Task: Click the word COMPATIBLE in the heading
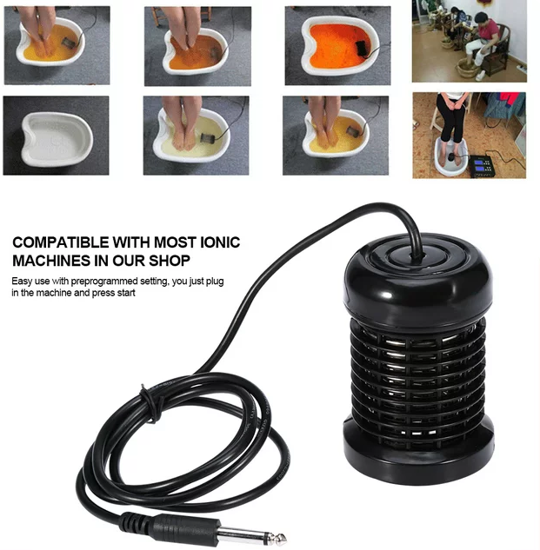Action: click(61, 242)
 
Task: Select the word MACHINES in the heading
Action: click(51, 261)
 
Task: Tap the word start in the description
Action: click(126, 293)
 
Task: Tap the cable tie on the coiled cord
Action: click(150, 403)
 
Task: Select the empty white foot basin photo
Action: click(57, 136)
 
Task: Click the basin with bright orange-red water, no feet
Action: click(337, 45)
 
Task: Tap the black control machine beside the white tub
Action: click(486, 165)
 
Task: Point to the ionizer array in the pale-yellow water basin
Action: click(204, 137)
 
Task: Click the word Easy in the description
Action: click(20, 282)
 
